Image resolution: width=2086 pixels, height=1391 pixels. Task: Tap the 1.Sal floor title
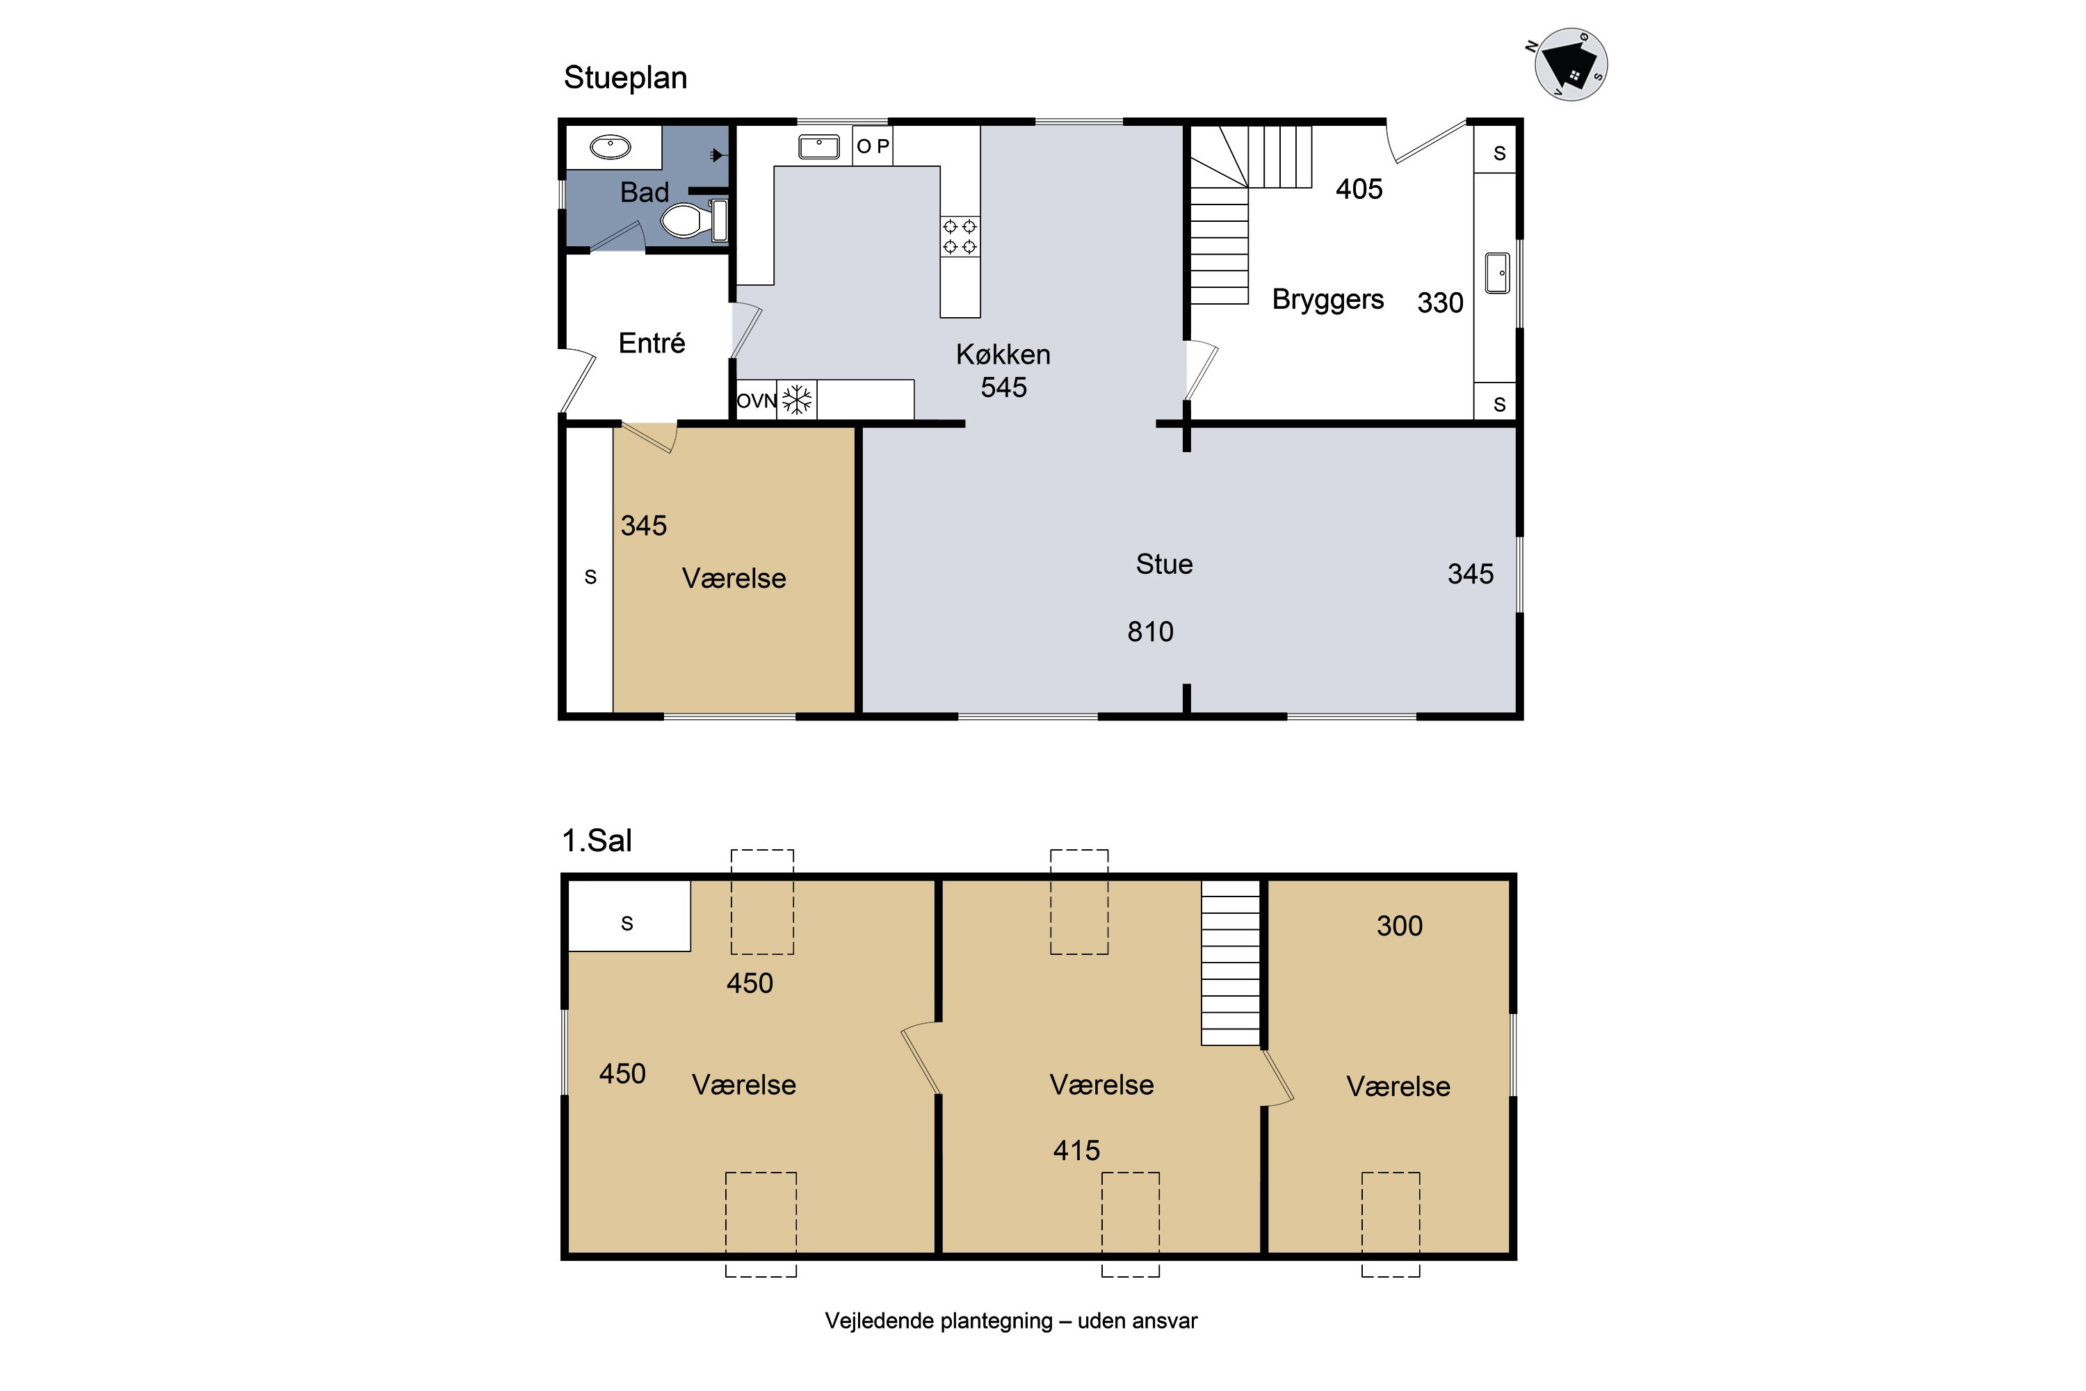point(597,840)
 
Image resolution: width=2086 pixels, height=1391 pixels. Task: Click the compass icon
point(1571,65)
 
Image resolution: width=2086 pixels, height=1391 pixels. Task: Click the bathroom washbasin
point(611,146)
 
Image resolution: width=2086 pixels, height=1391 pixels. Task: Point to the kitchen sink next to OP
point(818,146)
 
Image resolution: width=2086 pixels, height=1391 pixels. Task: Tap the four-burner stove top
point(960,236)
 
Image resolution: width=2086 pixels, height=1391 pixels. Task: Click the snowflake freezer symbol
point(798,399)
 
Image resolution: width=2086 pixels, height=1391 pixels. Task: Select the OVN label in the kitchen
point(757,401)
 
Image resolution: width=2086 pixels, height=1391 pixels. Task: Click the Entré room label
point(652,344)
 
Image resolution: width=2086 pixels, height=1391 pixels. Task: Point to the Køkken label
point(1003,355)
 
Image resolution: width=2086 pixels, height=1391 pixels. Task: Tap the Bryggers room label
point(1327,300)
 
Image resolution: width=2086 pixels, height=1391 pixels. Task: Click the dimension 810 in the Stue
point(1150,632)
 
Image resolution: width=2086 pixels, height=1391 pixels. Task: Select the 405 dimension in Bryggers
point(1359,189)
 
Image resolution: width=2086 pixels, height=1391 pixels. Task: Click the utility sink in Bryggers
point(1497,273)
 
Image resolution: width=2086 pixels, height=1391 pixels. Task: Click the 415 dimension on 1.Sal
point(1076,1150)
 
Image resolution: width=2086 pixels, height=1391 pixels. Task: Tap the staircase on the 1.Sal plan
point(1230,963)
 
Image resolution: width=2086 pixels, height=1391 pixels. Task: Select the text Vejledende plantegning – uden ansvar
point(1011,1321)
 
